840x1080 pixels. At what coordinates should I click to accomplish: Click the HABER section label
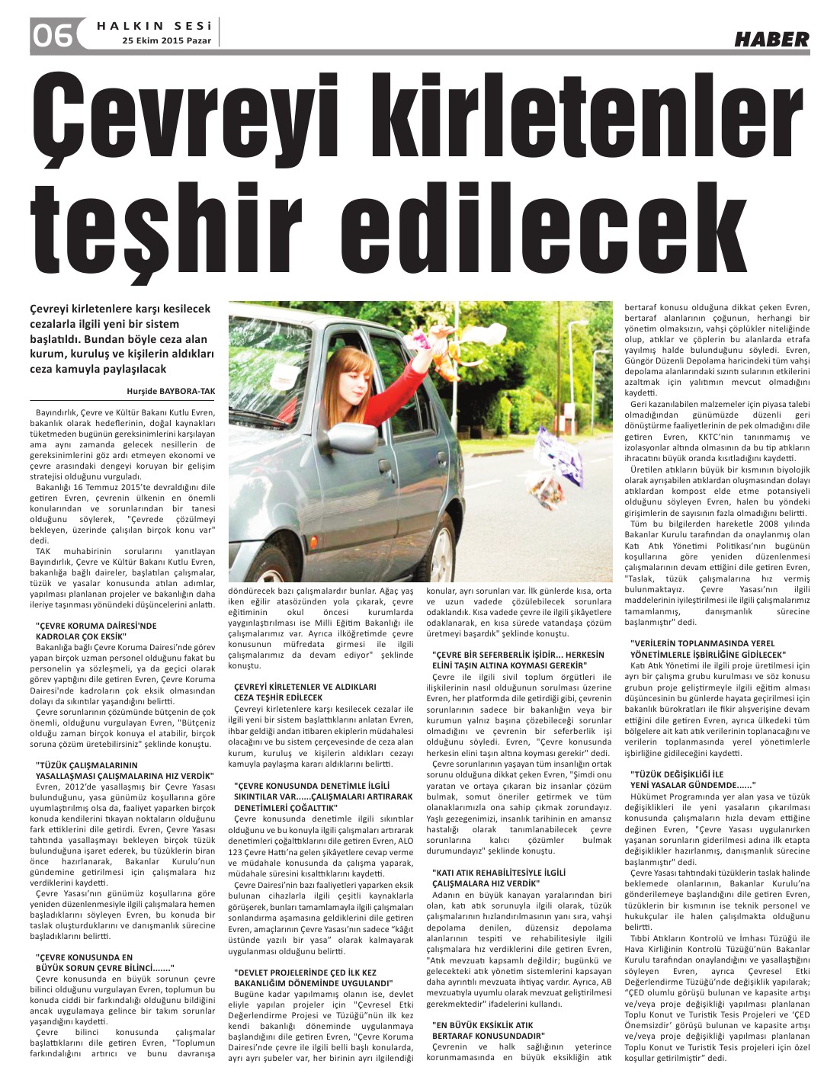pyautogui.click(x=771, y=39)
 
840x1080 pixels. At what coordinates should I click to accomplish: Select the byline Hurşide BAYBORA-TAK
pyautogui.click(x=172, y=390)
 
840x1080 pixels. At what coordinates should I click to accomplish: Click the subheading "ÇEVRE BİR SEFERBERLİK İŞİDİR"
pyautogui.click(x=518, y=660)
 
